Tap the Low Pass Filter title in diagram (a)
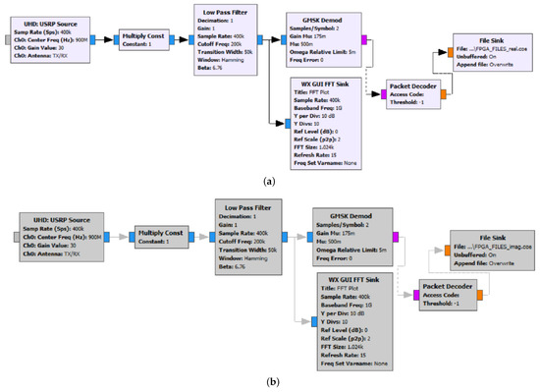(x=227, y=10)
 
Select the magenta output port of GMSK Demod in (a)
(x=366, y=40)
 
